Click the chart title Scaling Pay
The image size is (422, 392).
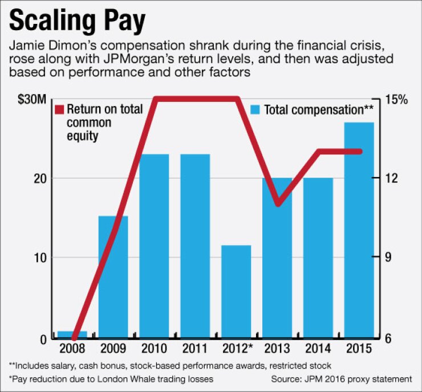[x=77, y=22]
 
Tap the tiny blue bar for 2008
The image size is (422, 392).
[x=72, y=334]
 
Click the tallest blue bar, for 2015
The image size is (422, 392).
[x=359, y=230]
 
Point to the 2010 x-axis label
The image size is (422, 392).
[x=154, y=349]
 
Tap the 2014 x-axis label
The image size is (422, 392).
[x=318, y=349]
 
